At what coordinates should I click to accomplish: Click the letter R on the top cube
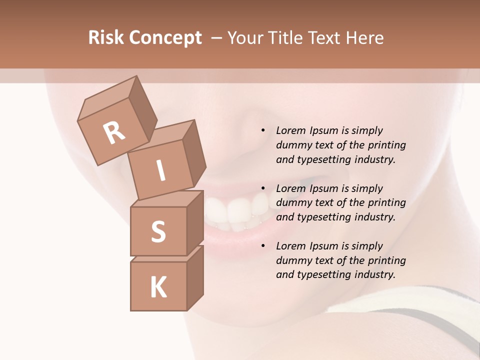114,132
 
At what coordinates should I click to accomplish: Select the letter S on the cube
158,231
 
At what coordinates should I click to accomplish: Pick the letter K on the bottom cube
158,287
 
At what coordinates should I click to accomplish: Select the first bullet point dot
263,130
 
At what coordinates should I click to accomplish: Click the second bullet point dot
263,188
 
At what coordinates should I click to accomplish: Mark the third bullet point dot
263,246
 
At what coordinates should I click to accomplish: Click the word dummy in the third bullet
293,260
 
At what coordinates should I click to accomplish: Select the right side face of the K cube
195,278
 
